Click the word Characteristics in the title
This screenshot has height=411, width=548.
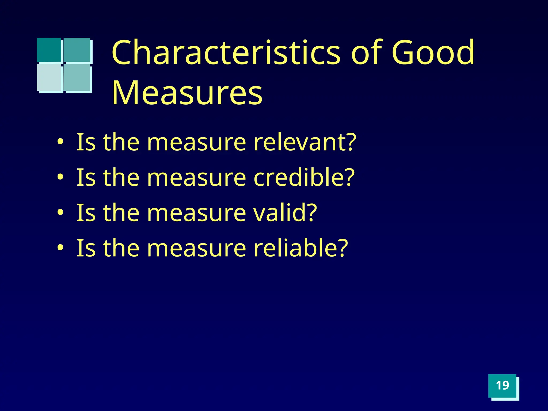click(x=226, y=52)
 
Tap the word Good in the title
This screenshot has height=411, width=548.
click(x=433, y=52)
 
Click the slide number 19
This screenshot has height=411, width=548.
click(x=502, y=386)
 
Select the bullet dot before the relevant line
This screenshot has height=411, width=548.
click(x=60, y=142)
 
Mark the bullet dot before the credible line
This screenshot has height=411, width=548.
click(x=60, y=177)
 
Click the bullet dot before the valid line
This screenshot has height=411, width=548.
click(x=60, y=212)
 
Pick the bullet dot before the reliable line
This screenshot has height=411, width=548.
click(x=60, y=248)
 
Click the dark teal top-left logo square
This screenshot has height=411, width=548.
click(x=49, y=50)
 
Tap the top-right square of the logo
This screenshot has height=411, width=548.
click(x=77, y=50)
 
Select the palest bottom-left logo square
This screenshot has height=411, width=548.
click(x=49, y=77)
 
